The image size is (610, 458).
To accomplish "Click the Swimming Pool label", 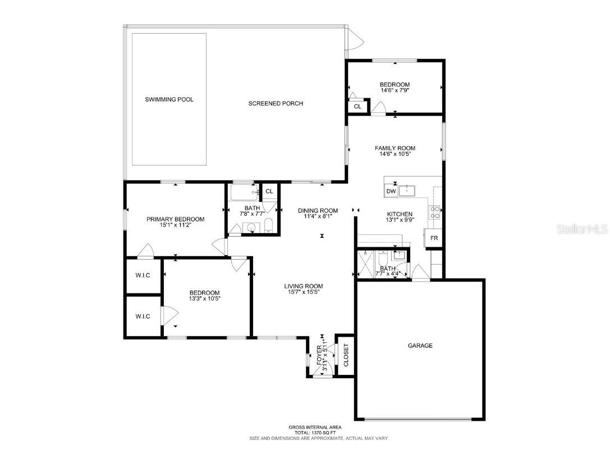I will [x=169, y=99].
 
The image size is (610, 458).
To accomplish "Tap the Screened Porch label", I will [x=276, y=103].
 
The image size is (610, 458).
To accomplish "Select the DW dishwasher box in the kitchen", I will [x=391, y=192].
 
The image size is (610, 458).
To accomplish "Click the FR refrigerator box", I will [x=434, y=238].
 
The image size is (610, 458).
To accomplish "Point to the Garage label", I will [x=420, y=346].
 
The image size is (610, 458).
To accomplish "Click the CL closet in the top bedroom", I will [x=357, y=106].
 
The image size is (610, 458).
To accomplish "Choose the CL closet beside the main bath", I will [x=269, y=192].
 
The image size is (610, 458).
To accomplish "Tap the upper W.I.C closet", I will [x=143, y=275].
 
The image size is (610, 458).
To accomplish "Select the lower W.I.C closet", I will [x=143, y=316].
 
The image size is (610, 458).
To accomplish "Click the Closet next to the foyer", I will [x=346, y=355].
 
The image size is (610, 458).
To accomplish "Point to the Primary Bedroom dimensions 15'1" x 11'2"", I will [x=175, y=226].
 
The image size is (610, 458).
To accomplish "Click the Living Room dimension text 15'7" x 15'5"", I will [x=303, y=292].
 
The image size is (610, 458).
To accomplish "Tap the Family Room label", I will [x=395, y=148].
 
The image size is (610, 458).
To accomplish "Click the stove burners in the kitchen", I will [x=435, y=212].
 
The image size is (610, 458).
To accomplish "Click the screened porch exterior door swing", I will [x=356, y=40].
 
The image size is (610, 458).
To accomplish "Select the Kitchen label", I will [x=400, y=214].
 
